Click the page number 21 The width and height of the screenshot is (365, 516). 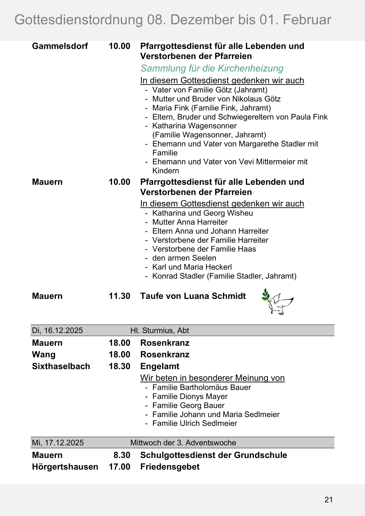coord(328,500)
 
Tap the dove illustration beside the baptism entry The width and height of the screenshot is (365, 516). coord(278,302)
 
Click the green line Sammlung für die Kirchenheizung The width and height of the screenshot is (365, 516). coord(212,68)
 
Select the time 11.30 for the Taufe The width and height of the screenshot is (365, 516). coord(119,296)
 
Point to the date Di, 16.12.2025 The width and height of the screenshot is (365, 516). coord(57,331)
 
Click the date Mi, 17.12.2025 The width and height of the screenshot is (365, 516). coord(58,443)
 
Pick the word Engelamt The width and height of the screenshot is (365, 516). coord(160,366)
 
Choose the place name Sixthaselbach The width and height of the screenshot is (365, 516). coord(61,366)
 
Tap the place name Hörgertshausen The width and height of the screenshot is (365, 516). coord(65,467)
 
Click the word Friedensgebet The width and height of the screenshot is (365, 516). coord(170,467)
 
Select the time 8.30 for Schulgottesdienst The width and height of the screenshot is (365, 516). coord(122,455)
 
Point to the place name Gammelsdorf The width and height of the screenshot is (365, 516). coord(60,46)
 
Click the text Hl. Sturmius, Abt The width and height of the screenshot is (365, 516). coord(160,331)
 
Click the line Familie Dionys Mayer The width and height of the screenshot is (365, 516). coord(190,396)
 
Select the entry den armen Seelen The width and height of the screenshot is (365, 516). coord(184,258)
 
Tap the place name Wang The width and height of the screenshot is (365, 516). coord(44,355)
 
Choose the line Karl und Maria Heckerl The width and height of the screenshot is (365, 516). coord(192,267)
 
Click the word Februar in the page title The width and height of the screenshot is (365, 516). coord(307,20)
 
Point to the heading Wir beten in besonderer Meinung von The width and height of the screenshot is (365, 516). coord(212,378)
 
